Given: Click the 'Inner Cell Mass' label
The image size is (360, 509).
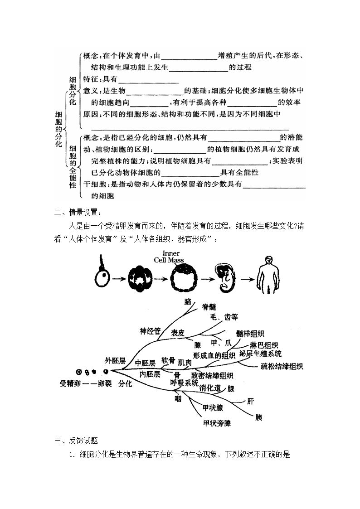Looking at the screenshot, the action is (x=169, y=257).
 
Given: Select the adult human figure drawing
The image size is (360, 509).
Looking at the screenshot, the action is (x=268, y=275).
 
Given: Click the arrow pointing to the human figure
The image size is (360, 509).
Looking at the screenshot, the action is (x=247, y=279).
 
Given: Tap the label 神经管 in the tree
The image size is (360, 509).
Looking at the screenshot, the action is (x=150, y=331).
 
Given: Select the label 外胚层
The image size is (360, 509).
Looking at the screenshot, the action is (x=115, y=361).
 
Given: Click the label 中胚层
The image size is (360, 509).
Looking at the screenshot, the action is (x=145, y=363).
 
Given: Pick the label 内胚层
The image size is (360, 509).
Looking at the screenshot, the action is (x=150, y=374).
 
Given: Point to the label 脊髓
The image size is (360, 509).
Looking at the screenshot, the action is (x=209, y=307).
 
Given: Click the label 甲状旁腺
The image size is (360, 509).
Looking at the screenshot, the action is (x=217, y=423).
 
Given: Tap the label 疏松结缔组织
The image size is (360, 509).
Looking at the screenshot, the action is (x=282, y=366).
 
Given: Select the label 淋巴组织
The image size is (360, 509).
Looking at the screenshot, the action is (x=263, y=345).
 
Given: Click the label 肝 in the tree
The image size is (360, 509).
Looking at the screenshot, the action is (x=250, y=401).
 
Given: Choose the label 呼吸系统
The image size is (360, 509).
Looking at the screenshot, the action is (x=185, y=383).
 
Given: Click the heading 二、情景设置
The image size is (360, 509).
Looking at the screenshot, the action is (x=78, y=212).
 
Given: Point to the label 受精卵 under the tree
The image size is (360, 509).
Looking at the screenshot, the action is (x=70, y=383).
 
